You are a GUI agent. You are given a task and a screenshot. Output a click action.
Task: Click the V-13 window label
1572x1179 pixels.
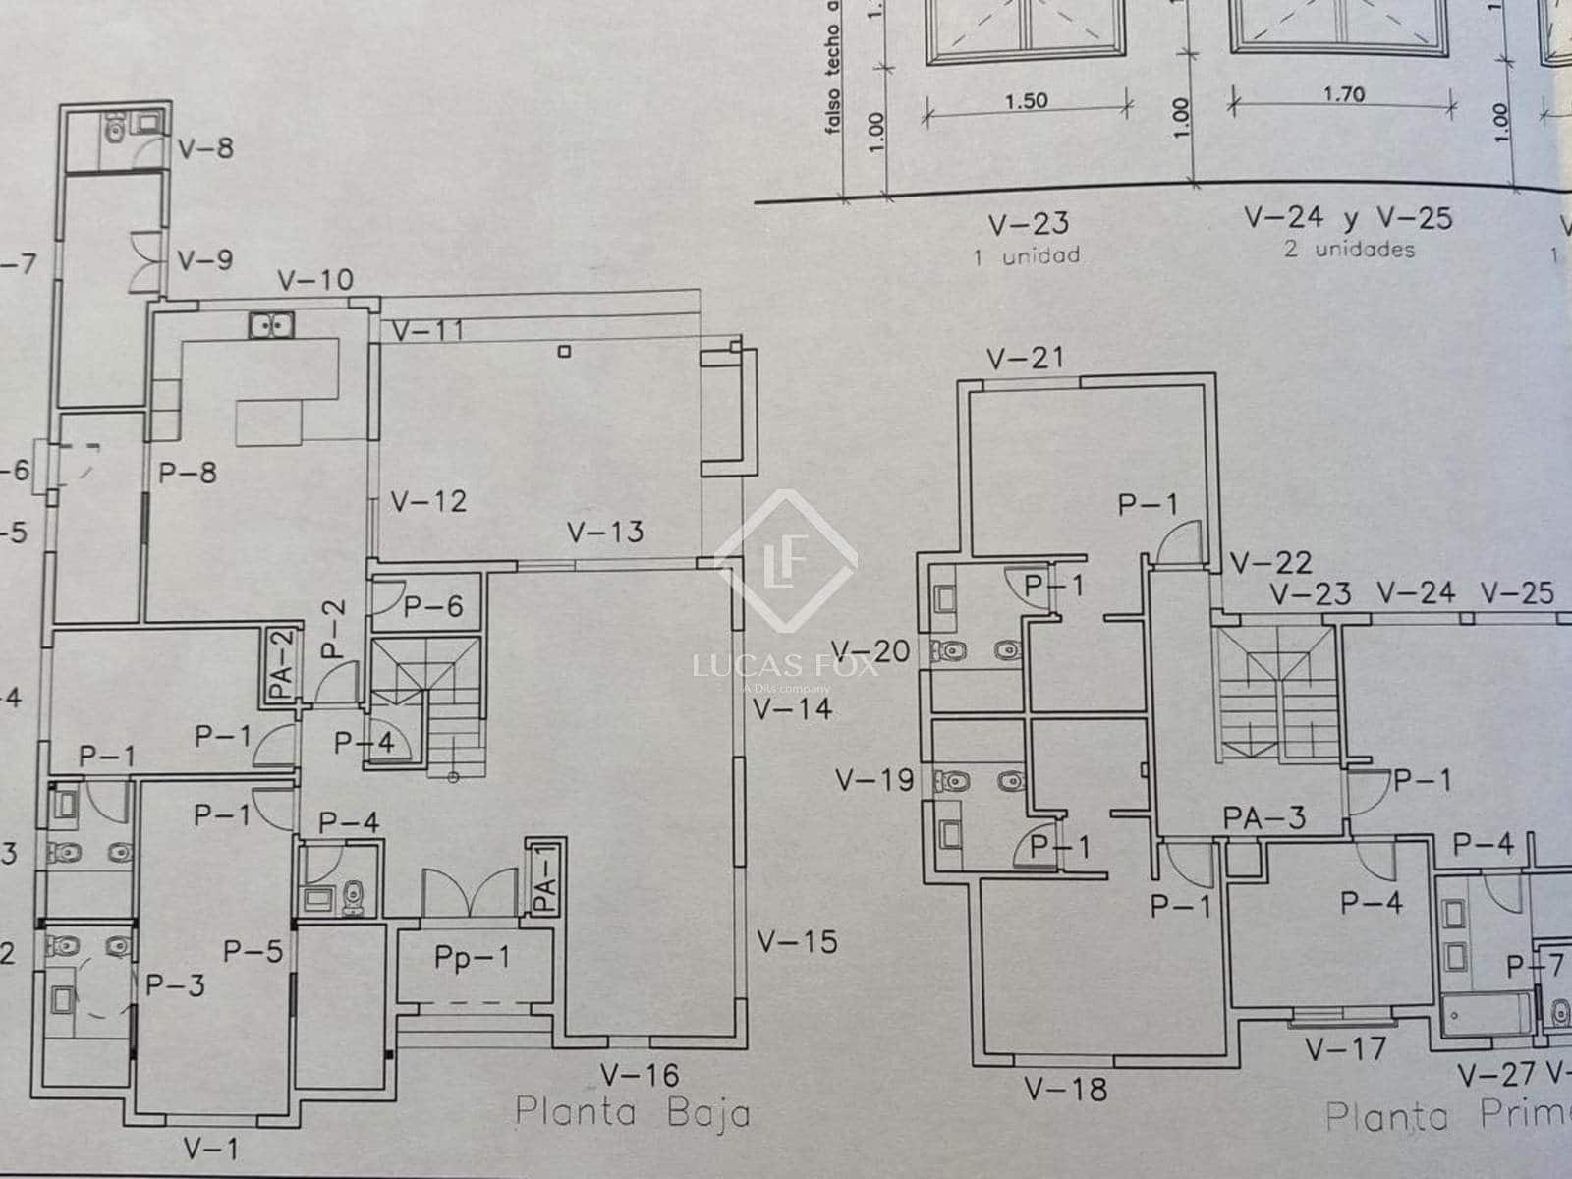pyautogui.click(x=605, y=532)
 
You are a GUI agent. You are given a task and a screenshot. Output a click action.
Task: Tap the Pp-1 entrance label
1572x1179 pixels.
pyautogui.click(x=473, y=956)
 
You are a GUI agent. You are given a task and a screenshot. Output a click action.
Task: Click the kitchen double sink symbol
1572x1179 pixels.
pyautogui.click(x=268, y=324)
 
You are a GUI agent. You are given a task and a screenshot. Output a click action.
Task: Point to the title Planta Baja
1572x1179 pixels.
pyautogui.click(x=633, y=1113)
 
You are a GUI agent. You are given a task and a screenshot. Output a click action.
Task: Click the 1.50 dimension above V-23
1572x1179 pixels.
pyautogui.click(x=1027, y=100)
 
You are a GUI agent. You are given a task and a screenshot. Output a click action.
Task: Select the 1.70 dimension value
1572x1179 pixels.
pyautogui.click(x=1343, y=94)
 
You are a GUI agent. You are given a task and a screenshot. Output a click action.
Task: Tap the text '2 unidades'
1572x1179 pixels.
pyautogui.click(x=1350, y=249)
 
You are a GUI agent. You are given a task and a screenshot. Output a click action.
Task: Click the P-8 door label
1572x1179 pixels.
pyautogui.click(x=188, y=473)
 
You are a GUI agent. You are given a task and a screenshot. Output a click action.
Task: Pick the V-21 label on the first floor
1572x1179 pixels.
pyautogui.click(x=1026, y=358)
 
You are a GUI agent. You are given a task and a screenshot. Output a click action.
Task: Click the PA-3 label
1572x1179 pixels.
pyautogui.click(x=1264, y=816)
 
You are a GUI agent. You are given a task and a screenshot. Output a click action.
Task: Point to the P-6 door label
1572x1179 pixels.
pyautogui.click(x=432, y=607)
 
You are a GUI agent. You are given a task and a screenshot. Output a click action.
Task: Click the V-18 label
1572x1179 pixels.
pyautogui.click(x=1065, y=1089)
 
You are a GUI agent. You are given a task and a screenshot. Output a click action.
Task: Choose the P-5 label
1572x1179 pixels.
pyautogui.click(x=253, y=950)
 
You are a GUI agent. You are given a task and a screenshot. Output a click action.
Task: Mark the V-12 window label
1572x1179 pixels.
pyautogui.click(x=428, y=501)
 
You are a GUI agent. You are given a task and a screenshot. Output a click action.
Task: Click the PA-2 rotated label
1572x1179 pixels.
pyautogui.click(x=282, y=666)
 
